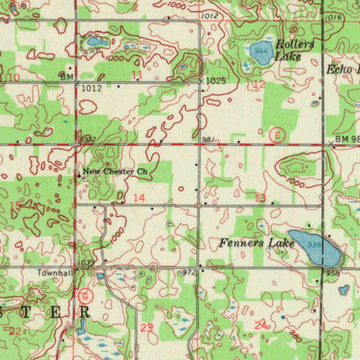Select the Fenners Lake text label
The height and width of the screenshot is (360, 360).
tap(256, 243)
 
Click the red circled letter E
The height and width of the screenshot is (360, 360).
tap(278, 135)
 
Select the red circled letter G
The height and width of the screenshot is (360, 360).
tap(85, 294)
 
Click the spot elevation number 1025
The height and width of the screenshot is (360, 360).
tap(213, 81)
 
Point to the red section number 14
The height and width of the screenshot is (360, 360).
tap(139, 196)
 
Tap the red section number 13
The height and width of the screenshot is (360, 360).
tap(261, 196)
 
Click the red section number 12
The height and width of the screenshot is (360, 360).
tap(259, 84)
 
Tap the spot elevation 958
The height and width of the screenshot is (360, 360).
tap(333, 271)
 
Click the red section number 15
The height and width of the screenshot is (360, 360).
tap(16, 205)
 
